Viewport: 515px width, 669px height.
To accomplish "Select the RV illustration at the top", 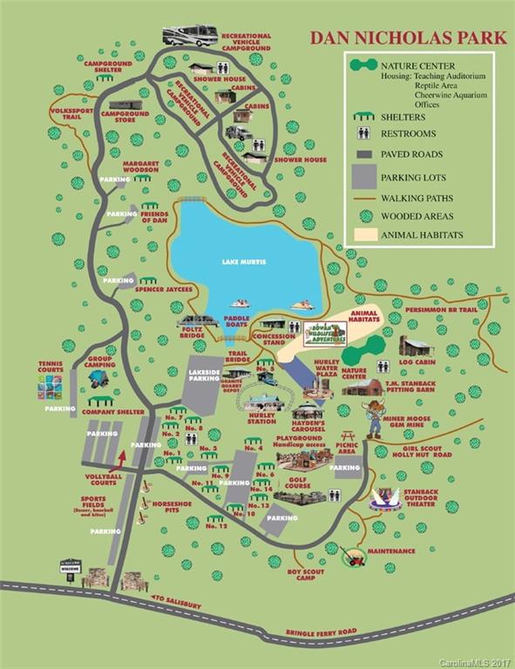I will [x=190, y=36].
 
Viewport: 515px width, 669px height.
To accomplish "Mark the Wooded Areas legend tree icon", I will [x=365, y=215].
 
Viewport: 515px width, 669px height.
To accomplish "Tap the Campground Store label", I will [x=125, y=118].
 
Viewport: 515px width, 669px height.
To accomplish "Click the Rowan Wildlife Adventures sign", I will [x=324, y=333].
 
